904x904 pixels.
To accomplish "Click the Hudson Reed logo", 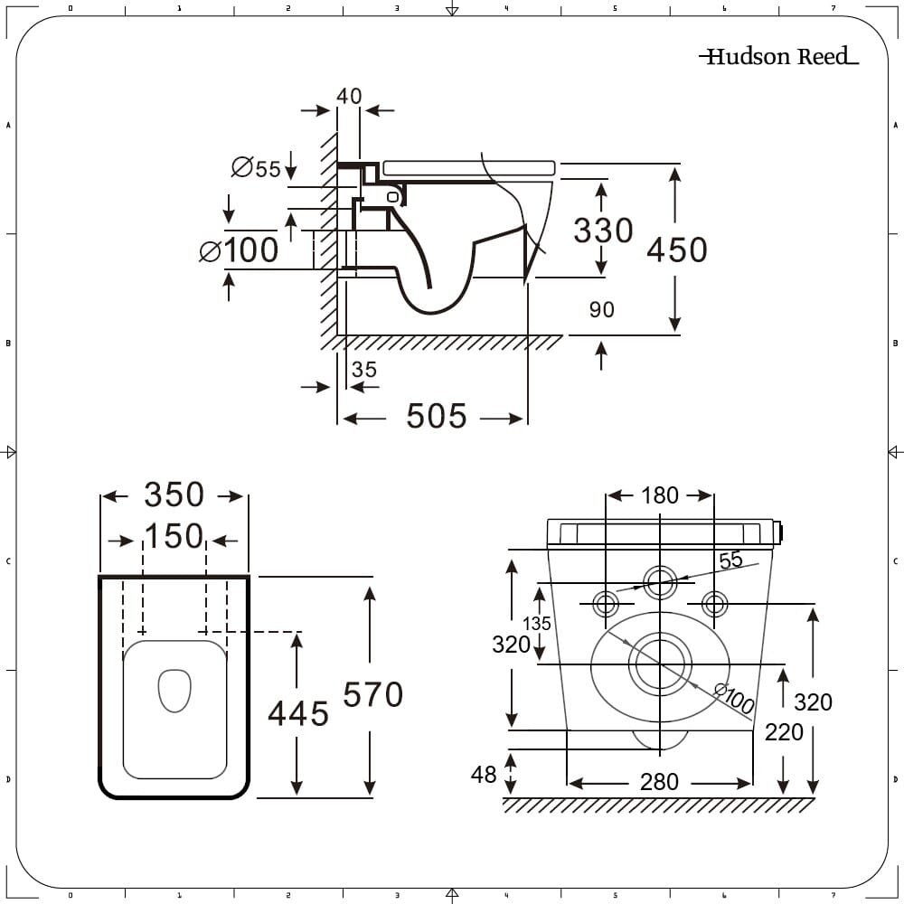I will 777,57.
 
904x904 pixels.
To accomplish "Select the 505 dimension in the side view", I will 437,417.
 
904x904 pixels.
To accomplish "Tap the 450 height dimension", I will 677,250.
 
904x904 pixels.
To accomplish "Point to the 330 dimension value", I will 603,231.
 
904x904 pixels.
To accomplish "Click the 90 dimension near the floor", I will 601,310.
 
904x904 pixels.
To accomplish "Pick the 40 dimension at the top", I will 349,96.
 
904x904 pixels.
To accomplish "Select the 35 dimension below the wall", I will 364,370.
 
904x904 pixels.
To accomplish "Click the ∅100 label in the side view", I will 240,250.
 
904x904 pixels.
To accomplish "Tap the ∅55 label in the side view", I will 257,168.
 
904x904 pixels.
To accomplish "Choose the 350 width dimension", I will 174,495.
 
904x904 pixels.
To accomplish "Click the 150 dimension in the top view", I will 174,537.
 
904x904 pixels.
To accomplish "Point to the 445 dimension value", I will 297,714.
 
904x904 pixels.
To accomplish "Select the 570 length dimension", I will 372,694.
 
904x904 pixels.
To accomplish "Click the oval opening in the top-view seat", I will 174,690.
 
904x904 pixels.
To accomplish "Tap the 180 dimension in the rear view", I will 660,495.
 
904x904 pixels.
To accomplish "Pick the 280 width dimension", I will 659,782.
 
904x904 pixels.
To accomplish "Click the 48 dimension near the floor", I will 484,775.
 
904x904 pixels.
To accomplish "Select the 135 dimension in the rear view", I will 536,624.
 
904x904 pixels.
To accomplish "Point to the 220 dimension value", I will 784,732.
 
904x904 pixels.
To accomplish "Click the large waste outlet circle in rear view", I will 660,665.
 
